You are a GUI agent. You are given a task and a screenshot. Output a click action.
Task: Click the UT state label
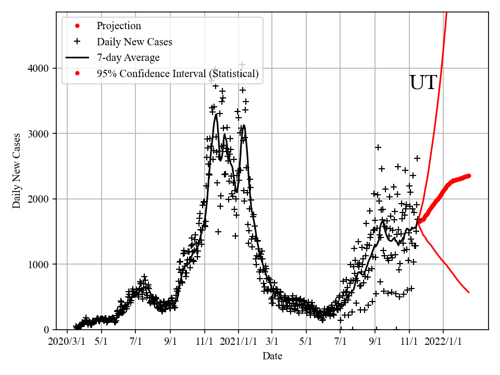coord(423,83)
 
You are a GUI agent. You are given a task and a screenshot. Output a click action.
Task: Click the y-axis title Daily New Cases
coord(17,171)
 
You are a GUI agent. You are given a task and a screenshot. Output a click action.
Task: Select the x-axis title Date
coord(272,356)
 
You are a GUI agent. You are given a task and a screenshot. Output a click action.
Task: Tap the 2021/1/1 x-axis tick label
coord(239,342)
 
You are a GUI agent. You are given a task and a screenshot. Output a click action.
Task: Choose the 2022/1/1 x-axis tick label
coord(444,342)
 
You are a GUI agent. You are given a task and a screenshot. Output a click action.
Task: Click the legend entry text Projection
coord(119,26)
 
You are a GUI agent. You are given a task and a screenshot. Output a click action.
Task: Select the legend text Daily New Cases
coord(134,42)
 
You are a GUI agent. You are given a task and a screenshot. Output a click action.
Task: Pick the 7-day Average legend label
coord(128,58)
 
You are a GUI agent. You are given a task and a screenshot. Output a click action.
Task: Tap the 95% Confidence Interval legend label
coord(178,74)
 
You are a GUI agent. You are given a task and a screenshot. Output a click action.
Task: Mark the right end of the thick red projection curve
coord(469,176)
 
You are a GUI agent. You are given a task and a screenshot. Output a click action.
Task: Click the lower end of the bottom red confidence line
coord(469,292)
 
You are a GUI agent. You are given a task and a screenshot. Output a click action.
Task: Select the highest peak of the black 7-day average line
coord(216,114)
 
